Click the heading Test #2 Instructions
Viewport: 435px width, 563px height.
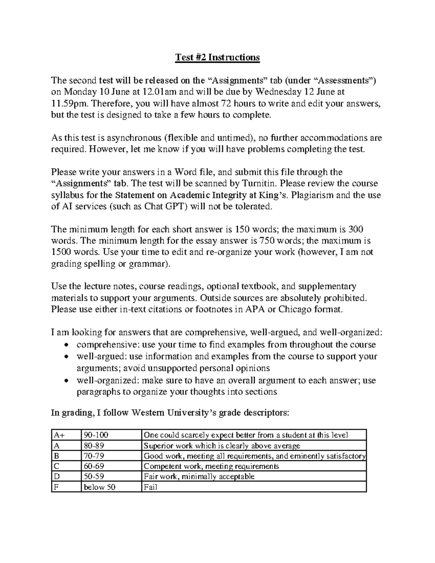[217, 57]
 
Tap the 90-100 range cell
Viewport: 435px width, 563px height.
[111, 435]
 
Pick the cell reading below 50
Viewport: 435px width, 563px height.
[111, 487]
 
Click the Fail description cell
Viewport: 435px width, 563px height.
[254, 487]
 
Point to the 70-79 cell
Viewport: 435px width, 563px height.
[111, 456]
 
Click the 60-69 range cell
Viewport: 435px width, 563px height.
[111, 466]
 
